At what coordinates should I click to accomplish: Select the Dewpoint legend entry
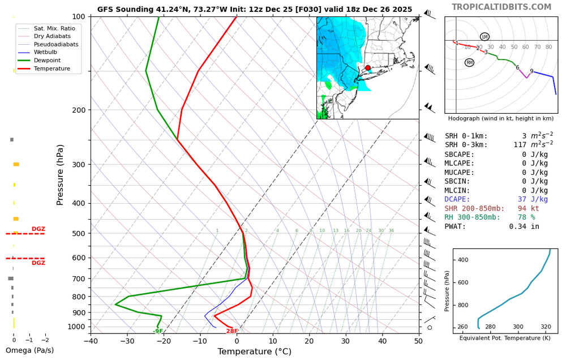click(x=47, y=61)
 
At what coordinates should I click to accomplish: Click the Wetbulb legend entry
click(x=46, y=52)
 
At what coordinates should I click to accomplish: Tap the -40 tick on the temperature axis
click(x=91, y=340)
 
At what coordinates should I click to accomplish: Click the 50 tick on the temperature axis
click(x=419, y=340)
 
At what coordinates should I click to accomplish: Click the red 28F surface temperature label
click(x=232, y=331)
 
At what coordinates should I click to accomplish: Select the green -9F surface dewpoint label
click(x=158, y=331)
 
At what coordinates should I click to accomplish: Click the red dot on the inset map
click(x=367, y=68)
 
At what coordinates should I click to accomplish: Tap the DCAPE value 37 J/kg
click(x=533, y=199)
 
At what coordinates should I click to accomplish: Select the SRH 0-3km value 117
click(x=534, y=145)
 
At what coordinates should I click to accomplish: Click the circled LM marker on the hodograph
click(x=484, y=37)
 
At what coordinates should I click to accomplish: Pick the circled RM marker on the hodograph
click(x=469, y=62)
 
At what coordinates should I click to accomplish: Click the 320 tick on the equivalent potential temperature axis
click(x=546, y=327)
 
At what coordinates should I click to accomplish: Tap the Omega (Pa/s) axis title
click(x=29, y=350)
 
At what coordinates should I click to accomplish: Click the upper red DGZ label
click(x=38, y=229)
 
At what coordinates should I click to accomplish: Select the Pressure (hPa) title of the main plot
click(x=61, y=174)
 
